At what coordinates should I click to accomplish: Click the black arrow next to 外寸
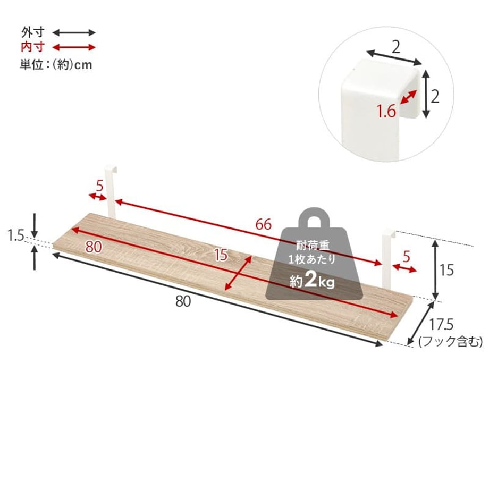73,32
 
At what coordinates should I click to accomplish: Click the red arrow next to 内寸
73,47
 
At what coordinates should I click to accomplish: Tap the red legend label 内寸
33,47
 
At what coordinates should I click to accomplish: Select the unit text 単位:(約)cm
56,64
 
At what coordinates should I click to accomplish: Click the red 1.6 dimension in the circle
386,111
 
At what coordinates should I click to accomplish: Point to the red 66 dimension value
263,224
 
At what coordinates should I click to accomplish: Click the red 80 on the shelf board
94,247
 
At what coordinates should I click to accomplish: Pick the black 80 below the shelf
183,301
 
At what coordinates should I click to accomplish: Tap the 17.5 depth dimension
441,325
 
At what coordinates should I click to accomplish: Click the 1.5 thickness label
15,236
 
